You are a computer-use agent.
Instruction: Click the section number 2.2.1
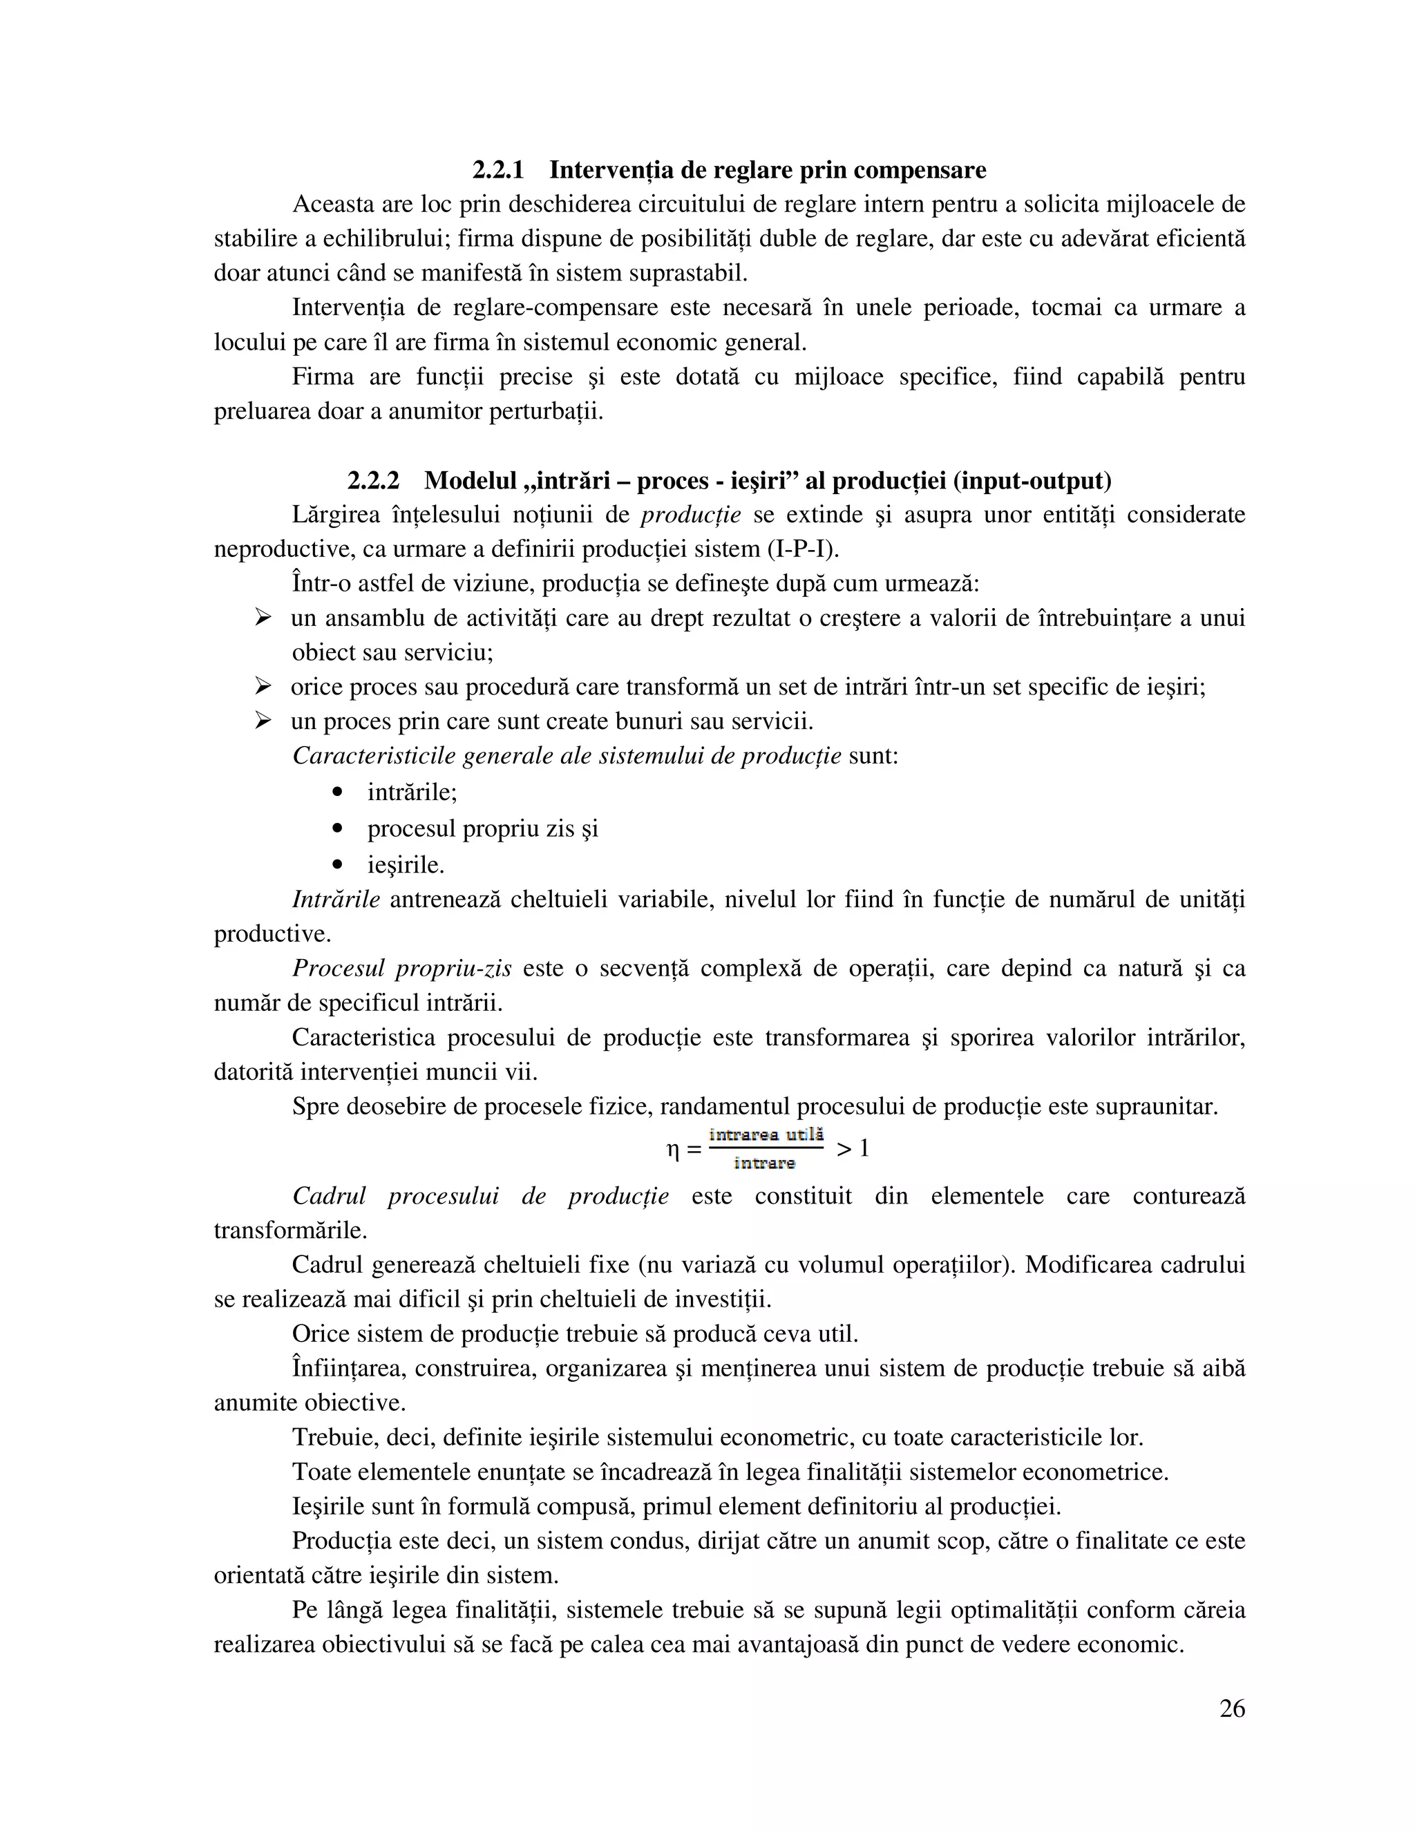pyautogui.click(x=498, y=170)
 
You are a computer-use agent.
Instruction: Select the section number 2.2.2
pyautogui.click(x=373, y=481)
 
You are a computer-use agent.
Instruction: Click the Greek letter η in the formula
pyautogui.click(x=672, y=1150)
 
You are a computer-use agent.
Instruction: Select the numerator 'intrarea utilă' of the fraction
pyautogui.click(x=766, y=1135)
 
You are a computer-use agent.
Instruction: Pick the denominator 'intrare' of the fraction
pyautogui.click(x=763, y=1163)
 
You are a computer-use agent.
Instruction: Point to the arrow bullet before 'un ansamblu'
pyautogui.click(x=263, y=618)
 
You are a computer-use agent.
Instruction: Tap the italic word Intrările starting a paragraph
pyautogui.click(x=335, y=900)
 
